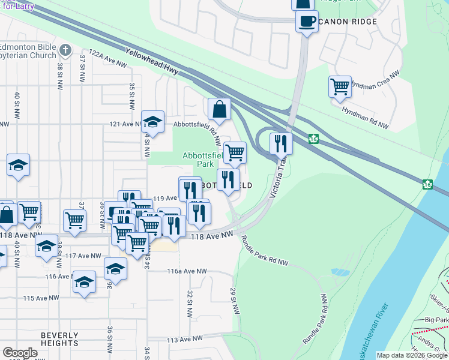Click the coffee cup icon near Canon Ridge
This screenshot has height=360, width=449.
tap(307, 22)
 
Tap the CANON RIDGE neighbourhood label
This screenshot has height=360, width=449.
tap(348, 22)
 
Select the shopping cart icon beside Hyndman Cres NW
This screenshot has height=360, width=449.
tap(340, 86)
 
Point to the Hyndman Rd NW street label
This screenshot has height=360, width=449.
tap(365, 118)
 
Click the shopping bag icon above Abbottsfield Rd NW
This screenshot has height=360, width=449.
tap(220, 109)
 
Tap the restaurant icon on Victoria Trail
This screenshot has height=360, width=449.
tap(281, 143)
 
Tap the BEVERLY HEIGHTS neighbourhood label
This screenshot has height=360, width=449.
tap(59, 339)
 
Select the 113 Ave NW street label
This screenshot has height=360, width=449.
tap(187, 340)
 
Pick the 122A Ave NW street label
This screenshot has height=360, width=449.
tap(108, 58)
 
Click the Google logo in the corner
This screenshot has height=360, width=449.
tap(20, 353)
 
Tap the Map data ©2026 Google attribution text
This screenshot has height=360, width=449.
tap(412, 355)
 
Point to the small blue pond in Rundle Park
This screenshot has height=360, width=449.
tap(340, 272)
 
